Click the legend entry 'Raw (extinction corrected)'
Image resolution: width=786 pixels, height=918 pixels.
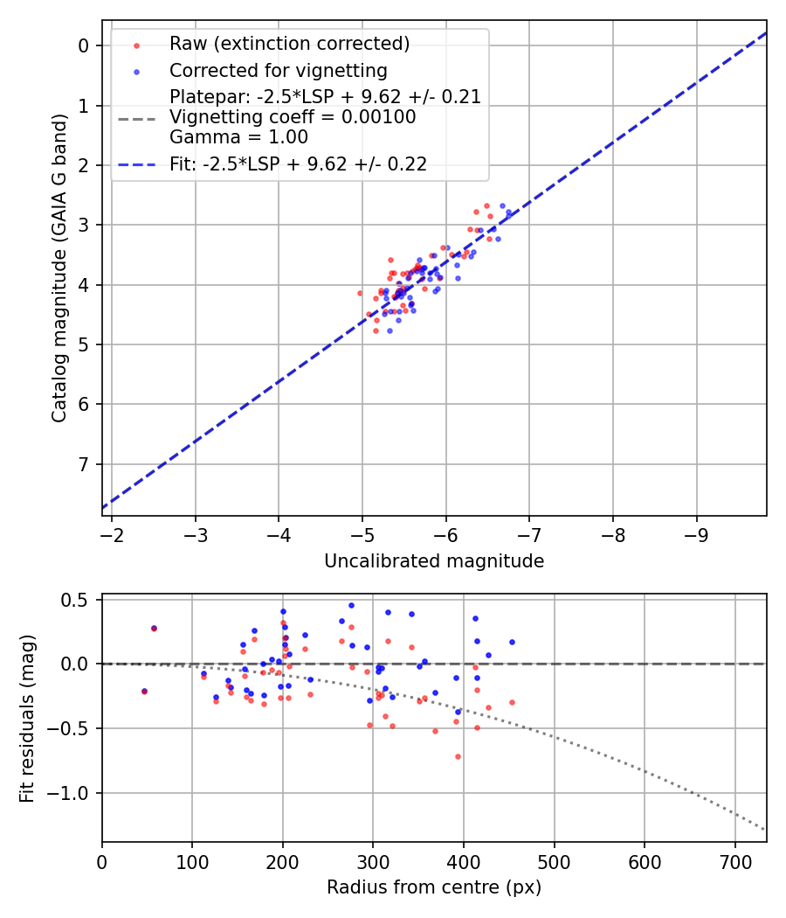click(289, 44)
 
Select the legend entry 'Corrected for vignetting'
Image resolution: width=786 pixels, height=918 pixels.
click(278, 70)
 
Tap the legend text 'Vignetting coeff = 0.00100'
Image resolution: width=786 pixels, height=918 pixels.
click(293, 117)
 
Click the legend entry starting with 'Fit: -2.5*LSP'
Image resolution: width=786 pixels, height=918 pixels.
click(298, 164)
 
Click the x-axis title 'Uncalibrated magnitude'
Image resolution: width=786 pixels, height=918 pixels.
click(434, 561)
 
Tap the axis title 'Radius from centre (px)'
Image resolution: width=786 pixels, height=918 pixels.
click(434, 887)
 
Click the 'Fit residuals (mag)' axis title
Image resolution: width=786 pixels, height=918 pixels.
click(27, 718)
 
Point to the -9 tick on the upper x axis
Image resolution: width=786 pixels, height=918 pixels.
click(696, 532)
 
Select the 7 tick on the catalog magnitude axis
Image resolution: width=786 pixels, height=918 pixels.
click(85, 464)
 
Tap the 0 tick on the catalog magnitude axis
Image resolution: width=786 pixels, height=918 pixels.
click(85, 45)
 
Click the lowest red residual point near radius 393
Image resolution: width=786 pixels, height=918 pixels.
click(458, 756)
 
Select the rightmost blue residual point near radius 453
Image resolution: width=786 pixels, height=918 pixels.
click(512, 642)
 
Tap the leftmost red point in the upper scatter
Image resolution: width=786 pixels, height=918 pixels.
click(360, 293)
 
